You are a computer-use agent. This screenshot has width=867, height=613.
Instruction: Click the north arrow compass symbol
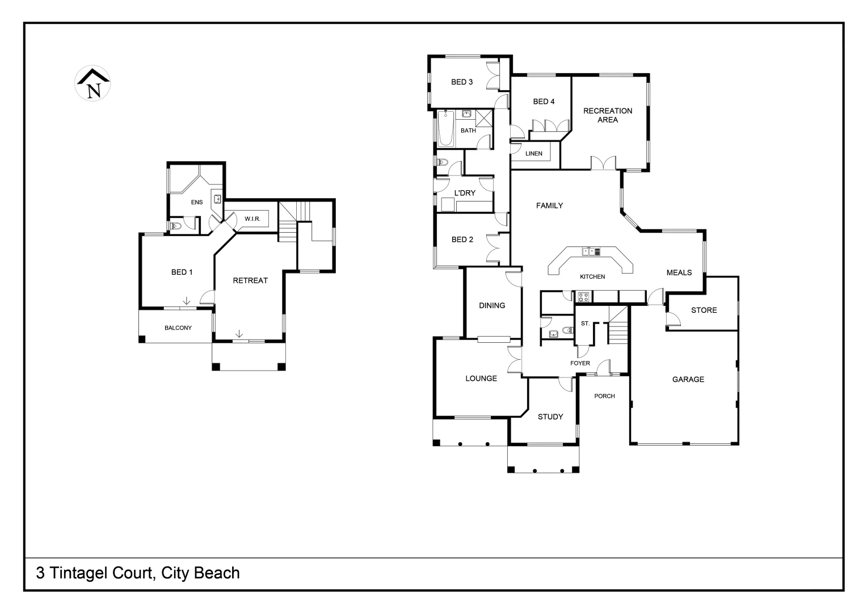coord(92,84)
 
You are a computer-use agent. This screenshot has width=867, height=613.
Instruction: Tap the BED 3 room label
coord(462,82)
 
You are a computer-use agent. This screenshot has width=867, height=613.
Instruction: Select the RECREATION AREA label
coord(607,115)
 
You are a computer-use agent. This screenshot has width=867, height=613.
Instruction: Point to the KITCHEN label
coord(592,276)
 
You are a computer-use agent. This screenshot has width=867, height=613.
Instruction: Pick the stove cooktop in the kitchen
coord(583,296)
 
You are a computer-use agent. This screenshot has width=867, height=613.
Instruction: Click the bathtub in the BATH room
coord(446,128)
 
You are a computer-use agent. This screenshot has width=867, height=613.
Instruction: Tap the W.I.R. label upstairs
coord(252,219)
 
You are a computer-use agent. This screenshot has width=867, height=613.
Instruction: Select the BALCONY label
coord(178,328)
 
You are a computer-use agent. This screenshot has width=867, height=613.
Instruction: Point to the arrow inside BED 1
coord(186,301)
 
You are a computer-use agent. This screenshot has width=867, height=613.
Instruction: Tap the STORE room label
coord(704,310)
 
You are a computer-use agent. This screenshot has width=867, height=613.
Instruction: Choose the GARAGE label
coord(688,379)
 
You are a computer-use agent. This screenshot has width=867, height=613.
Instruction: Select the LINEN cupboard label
coord(533,153)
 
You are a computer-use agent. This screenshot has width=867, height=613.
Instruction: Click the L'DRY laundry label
coord(464,193)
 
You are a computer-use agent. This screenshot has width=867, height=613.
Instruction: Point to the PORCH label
coord(604,396)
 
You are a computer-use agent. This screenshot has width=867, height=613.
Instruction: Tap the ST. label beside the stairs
coord(585,324)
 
